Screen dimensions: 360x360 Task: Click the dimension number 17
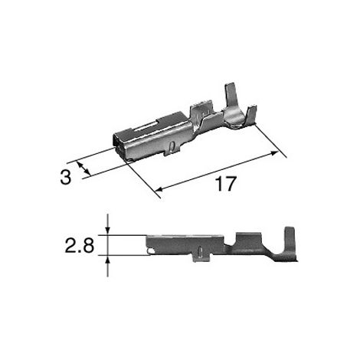225,184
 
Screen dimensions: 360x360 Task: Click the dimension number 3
65,178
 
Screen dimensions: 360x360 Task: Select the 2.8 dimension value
80,245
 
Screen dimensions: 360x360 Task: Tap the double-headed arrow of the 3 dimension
83,169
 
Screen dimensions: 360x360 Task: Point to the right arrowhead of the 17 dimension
273,153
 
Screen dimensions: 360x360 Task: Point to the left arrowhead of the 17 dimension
159,189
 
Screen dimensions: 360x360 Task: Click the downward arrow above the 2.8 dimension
108,224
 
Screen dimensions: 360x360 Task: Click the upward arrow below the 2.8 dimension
108,267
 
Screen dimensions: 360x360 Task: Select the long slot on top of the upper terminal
145,126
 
